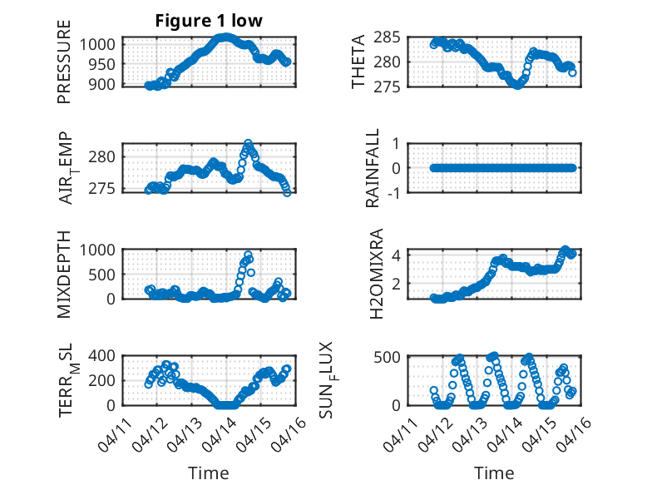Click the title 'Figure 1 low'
pos(209,21)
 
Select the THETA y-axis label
pos(358,62)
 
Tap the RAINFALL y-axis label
pos(373,168)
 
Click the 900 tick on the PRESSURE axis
pos(107,85)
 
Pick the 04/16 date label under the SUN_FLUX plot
pos(567,430)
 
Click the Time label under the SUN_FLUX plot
pos(494,473)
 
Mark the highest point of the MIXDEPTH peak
pos(248,255)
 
